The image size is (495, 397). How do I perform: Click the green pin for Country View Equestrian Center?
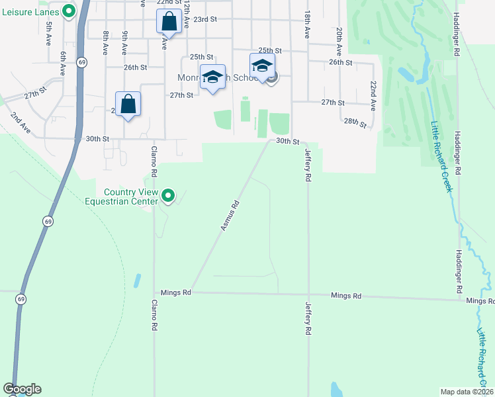pos(168,196)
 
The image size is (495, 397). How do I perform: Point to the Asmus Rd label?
pos(229,216)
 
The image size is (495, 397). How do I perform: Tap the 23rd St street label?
pos(205,19)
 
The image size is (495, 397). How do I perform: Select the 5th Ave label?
pos(49,35)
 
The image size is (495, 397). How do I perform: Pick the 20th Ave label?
pos(339,40)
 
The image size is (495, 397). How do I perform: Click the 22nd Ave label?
pos(373,96)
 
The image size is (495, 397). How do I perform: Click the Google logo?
pos(22,389)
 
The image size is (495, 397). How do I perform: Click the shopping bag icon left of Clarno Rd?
pos(128,104)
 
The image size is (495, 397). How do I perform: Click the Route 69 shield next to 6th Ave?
pos(81,62)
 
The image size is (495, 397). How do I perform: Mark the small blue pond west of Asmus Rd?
pos(137,280)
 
